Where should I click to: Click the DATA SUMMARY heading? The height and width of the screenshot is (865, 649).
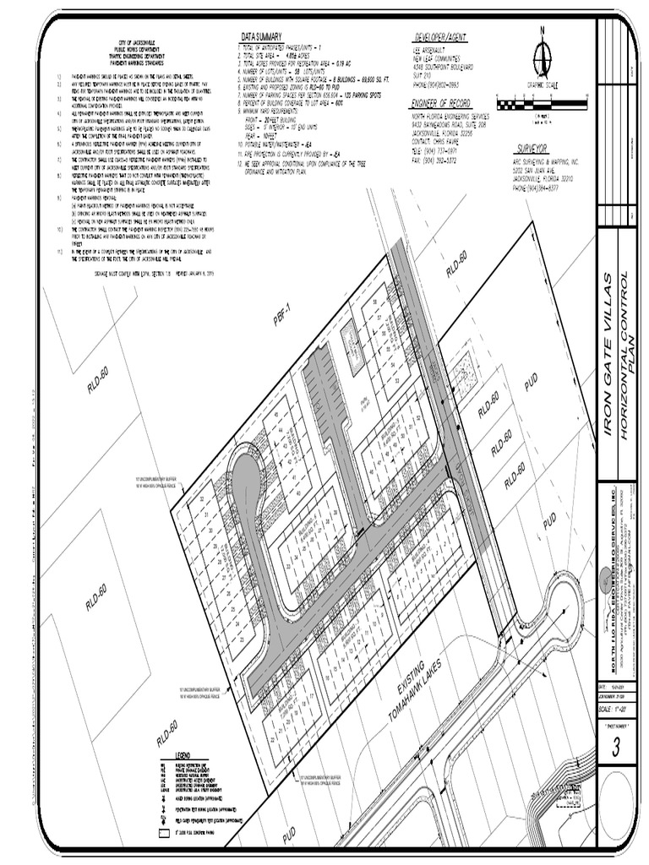click(x=261, y=38)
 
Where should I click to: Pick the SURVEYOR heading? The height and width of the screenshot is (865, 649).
click(x=532, y=147)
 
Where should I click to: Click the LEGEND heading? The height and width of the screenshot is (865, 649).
click(x=188, y=753)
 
